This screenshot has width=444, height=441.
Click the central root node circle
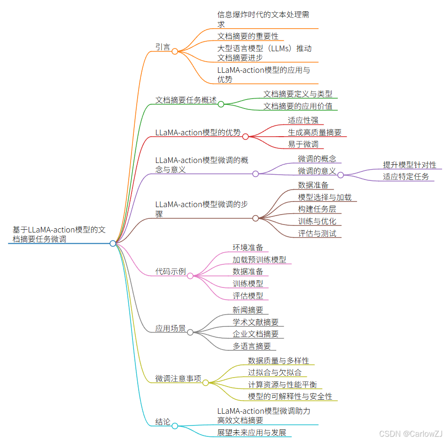point(113,243)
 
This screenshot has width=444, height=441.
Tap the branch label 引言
point(163,47)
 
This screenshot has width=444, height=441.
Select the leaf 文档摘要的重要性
point(248,36)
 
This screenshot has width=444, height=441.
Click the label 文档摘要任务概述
point(186,100)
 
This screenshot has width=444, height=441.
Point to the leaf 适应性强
point(303,120)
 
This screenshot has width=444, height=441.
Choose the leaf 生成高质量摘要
point(315,132)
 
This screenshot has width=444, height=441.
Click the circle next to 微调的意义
point(341,175)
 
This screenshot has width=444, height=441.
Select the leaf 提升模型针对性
point(410,165)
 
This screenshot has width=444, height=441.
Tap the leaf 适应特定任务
point(406,177)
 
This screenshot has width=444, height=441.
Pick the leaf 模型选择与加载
point(325,197)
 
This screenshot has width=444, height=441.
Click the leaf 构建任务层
point(317,209)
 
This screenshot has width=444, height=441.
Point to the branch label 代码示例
point(171,271)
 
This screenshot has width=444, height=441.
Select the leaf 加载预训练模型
point(259,259)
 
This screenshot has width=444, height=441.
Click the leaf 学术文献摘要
point(256,322)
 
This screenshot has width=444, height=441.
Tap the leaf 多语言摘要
point(252,346)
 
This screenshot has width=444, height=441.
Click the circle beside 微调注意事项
point(205,383)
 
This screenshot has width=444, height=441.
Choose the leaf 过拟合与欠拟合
point(275,372)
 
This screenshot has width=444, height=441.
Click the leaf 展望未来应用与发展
point(252,433)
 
